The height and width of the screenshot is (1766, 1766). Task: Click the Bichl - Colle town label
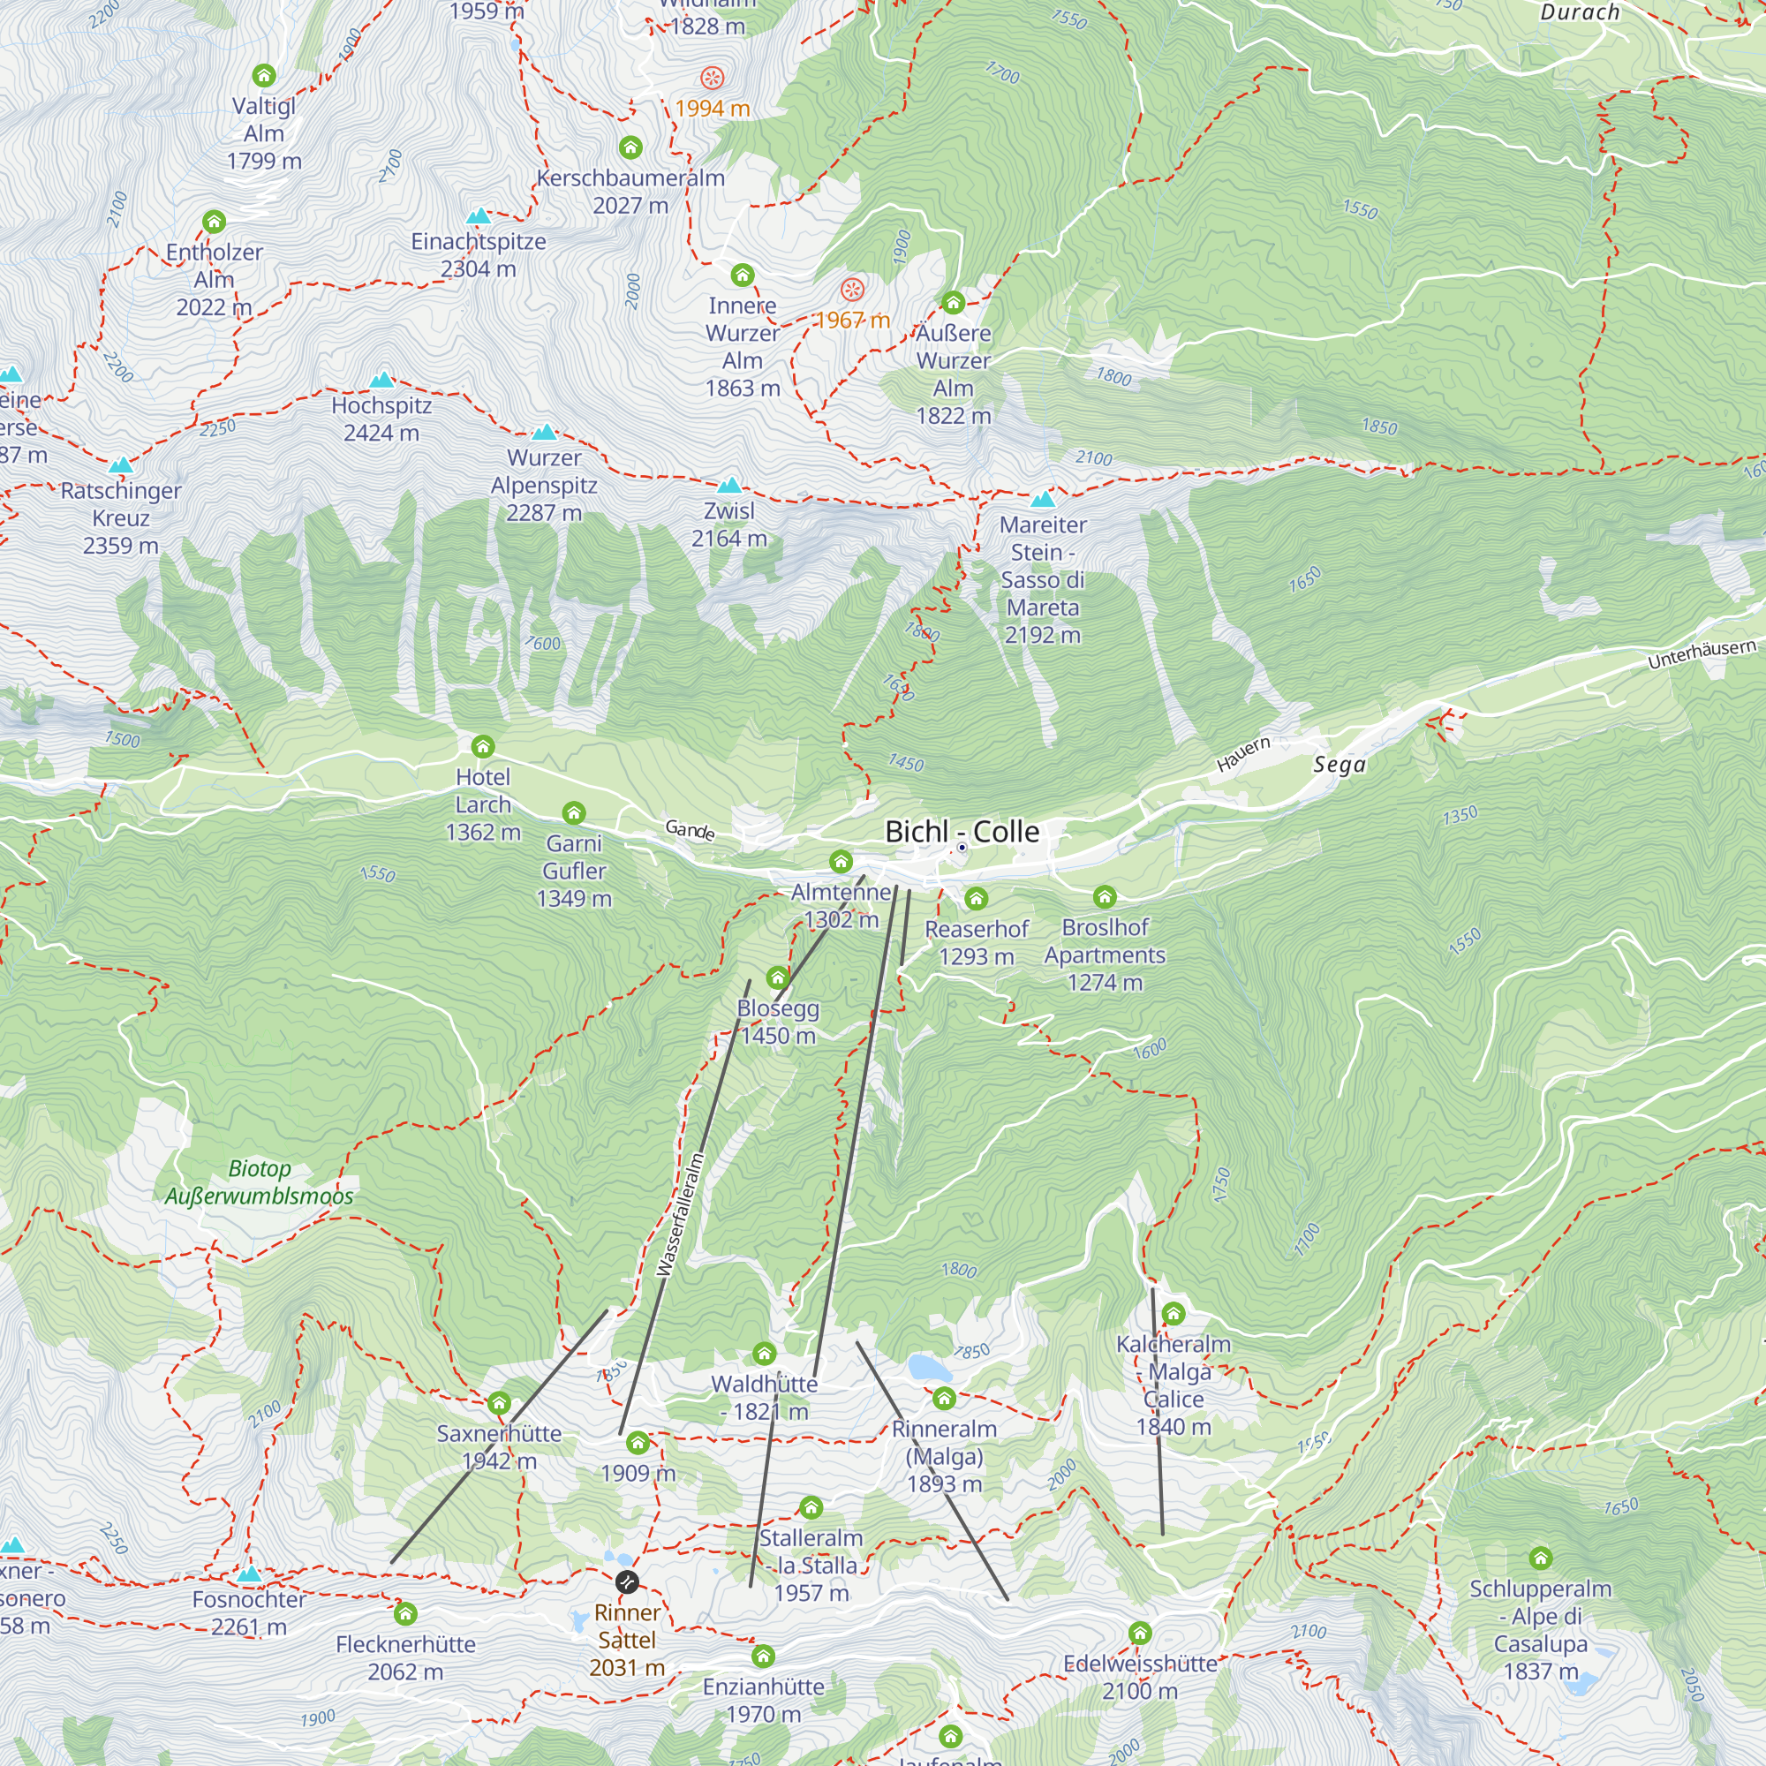tap(962, 831)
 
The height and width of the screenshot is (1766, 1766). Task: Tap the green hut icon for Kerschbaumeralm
tap(630, 147)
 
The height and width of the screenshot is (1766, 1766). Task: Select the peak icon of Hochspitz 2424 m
tap(382, 380)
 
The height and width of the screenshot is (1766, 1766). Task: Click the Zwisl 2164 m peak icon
tap(728, 485)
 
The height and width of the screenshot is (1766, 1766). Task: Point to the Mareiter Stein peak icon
tap(1043, 499)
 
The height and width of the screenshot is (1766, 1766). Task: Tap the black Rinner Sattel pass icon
tap(627, 1581)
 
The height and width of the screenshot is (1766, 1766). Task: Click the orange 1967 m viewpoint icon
tap(852, 291)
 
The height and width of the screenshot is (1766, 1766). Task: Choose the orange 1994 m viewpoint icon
tap(712, 78)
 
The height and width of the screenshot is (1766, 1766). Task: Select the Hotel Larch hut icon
tap(483, 747)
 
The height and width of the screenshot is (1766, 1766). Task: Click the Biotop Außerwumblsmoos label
tap(259, 1182)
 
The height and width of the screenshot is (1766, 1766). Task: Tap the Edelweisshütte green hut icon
tap(1139, 1633)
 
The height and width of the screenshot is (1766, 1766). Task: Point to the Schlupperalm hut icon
tap(1540, 1558)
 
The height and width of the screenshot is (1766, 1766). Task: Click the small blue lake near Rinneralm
tap(929, 1369)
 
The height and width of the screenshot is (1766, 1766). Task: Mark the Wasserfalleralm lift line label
tap(680, 1215)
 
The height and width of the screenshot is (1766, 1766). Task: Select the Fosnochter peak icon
tap(249, 1574)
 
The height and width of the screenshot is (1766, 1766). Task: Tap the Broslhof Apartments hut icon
tap(1105, 897)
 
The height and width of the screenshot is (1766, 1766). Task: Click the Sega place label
tap(1340, 764)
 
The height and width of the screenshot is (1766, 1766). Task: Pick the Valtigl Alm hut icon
tap(264, 75)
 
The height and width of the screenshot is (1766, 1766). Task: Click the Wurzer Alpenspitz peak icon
tap(544, 432)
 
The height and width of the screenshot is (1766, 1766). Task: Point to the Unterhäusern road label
tap(1702, 653)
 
